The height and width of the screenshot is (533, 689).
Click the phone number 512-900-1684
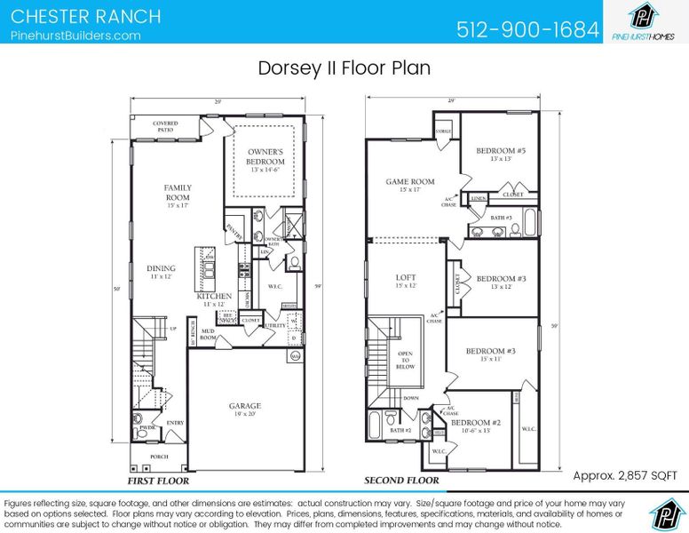[527, 29]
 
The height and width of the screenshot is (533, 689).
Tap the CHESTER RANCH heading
[86, 16]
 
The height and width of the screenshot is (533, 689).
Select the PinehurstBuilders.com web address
[75, 36]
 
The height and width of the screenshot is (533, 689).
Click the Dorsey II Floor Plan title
[344, 68]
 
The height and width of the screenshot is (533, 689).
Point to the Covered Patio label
[164, 127]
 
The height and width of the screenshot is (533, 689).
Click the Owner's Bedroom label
[265, 157]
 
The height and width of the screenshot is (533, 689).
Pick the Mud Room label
[208, 334]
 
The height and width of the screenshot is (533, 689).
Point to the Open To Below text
[404, 359]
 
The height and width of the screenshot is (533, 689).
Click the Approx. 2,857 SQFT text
[625, 475]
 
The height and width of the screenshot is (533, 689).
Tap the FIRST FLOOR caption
[158, 481]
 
